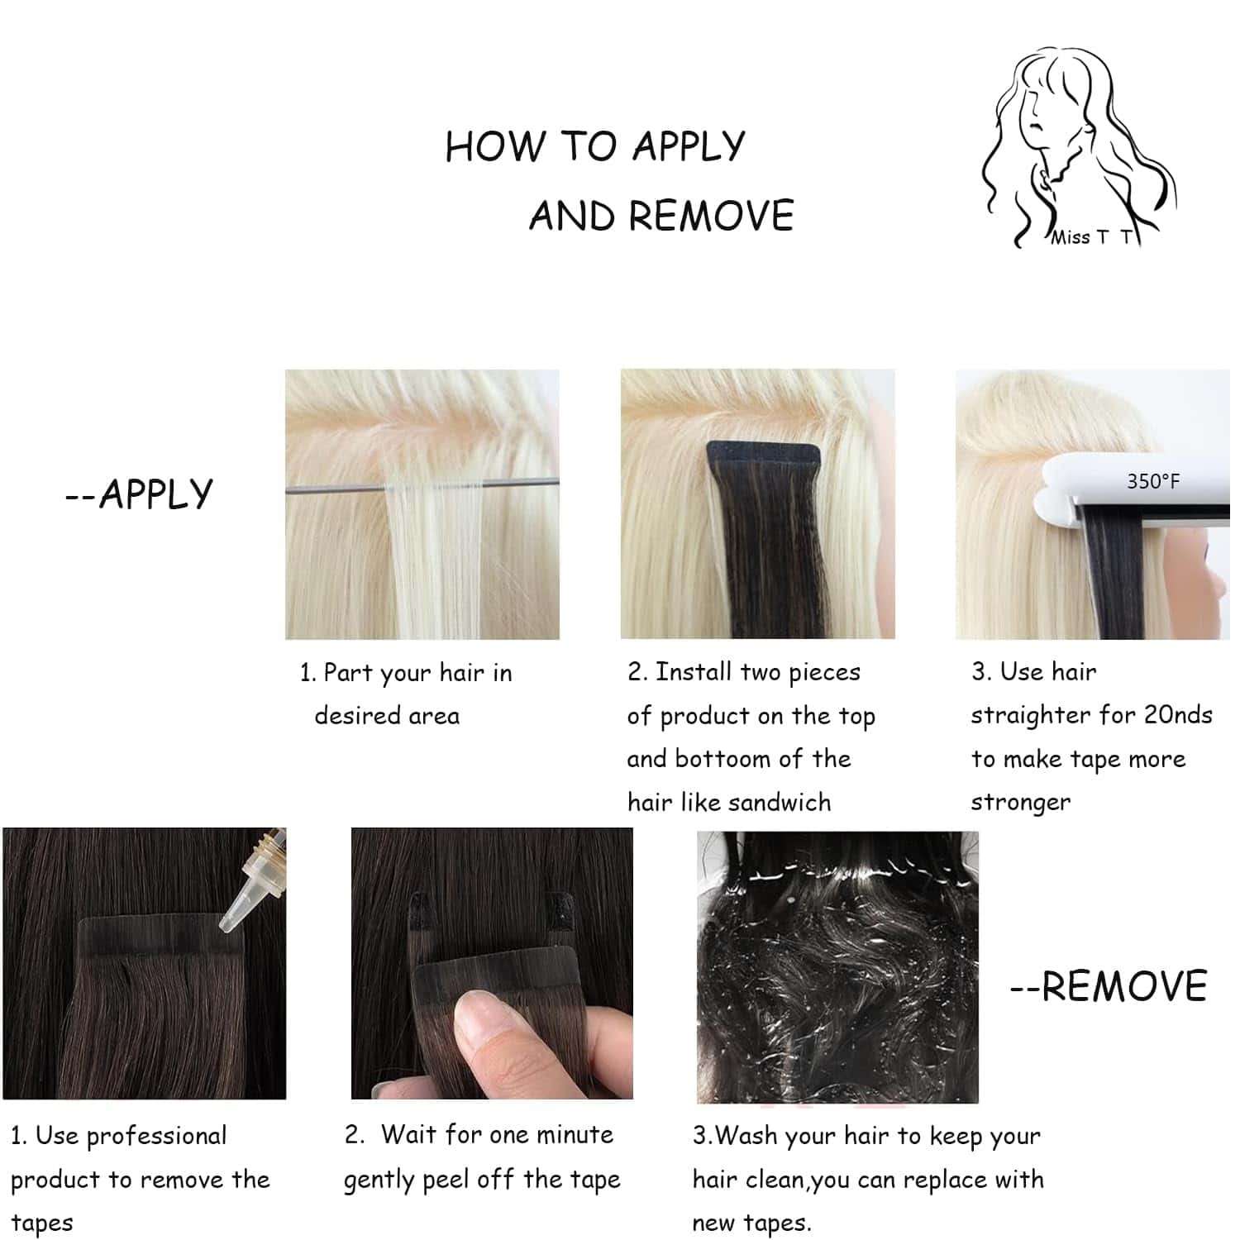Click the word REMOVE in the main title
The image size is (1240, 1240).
[710, 217]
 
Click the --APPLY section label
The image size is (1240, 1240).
[139, 494]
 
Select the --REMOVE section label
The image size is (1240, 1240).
[1109, 986]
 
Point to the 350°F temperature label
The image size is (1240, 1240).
[1152, 481]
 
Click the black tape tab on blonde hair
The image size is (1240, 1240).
[762, 456]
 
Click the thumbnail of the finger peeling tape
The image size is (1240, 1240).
[492, 963]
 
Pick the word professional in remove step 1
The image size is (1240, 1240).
[156, 1137]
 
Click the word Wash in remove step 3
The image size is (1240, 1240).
[747, 1136]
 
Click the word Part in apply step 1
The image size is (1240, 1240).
[347, 673]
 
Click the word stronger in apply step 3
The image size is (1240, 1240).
[1020, 803]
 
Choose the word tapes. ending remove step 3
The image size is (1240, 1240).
[751, 1223]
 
